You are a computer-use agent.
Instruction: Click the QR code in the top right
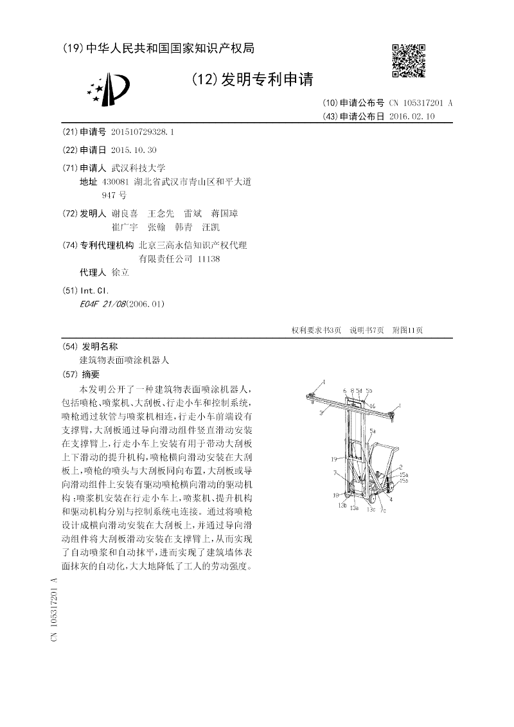tap(409, 60)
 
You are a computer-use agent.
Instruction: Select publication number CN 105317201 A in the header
tap(421, 103)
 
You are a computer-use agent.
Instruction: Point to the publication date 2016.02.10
tap(412, 116)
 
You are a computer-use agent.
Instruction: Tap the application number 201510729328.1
tap(142, 132)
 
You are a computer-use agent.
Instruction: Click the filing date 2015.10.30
tap(134, 150)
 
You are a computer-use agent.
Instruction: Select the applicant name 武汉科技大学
tap(138, 168)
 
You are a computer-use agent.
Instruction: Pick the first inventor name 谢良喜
tap(125, 213)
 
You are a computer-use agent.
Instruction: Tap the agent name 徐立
tap(120, 272)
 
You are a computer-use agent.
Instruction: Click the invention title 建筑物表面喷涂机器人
tap(124, 361)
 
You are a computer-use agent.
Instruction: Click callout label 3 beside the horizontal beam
tap(319, 416)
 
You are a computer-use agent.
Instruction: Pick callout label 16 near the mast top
tap(372, 406)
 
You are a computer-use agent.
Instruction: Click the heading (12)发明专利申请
tap(253, 80)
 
